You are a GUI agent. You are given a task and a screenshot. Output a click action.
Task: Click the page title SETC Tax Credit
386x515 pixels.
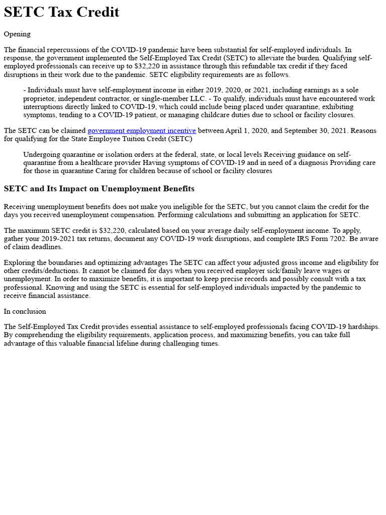61,12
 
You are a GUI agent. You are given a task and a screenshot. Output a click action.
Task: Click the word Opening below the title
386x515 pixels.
17,34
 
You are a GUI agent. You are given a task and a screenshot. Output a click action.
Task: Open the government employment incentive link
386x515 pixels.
141,131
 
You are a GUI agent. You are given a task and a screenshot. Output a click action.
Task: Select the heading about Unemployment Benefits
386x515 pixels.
99,189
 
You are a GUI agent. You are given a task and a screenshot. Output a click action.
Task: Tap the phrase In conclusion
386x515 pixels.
25,311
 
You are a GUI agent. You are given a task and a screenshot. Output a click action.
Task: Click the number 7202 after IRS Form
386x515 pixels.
338,239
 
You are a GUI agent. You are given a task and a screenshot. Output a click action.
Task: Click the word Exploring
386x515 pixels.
19,263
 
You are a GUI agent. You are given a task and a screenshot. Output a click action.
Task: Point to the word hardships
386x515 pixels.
362,327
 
